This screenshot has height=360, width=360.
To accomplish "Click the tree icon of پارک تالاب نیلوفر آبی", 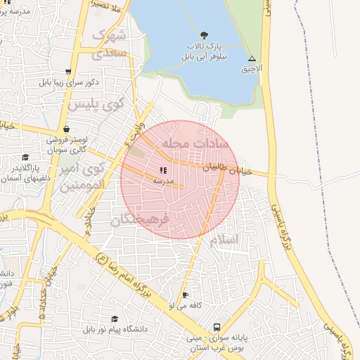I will [x=204, y=34].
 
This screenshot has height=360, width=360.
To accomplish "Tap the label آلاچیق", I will [x=252, y=70].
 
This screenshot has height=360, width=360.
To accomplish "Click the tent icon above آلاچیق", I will [x=252, y=59].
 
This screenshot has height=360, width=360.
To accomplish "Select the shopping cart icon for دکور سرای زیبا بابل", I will [x=68, y=72].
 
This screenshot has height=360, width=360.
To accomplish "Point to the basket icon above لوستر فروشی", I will [x=66, y=129].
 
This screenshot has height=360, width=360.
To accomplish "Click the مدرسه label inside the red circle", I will [x=163, y=181].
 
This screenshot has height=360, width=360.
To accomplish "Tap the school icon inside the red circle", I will [x=163, y=170].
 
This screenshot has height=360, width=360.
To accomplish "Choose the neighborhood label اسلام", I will [x=224, y=240].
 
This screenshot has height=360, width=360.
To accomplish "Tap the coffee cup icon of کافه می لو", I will [x=185, y=295].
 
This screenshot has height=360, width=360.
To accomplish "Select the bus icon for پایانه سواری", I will [x=217, y=328].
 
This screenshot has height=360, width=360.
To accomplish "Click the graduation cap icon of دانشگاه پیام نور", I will [x=114, y=319].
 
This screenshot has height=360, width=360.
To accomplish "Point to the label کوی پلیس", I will [x=95, y=105].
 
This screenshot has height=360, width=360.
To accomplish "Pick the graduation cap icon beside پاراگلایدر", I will [x=25, y=157].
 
